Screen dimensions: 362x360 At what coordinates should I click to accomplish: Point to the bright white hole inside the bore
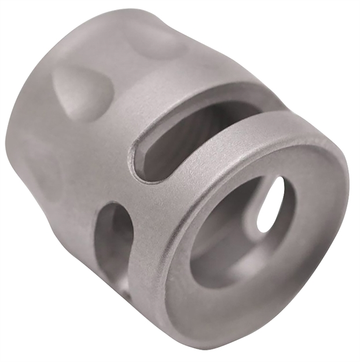tap(271, 204)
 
